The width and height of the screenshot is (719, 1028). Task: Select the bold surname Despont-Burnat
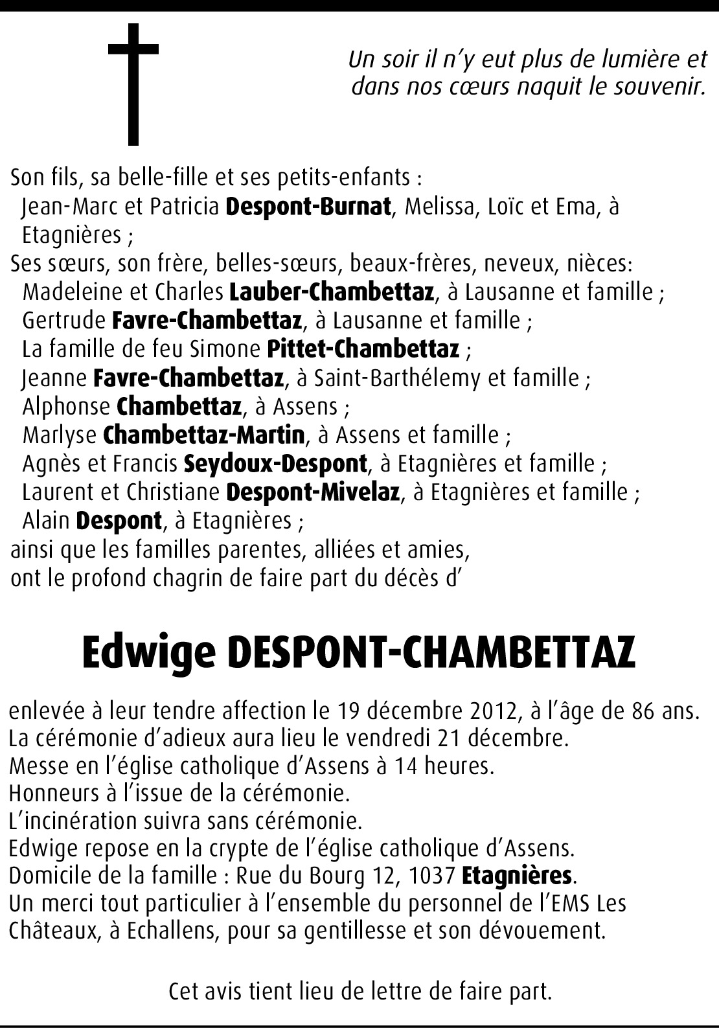[x=309, y=206]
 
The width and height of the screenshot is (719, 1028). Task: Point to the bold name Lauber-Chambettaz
[x=332, y=291]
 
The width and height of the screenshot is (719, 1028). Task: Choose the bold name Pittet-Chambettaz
[x=363, y=348]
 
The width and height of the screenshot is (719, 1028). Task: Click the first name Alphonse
[x=67, y=406]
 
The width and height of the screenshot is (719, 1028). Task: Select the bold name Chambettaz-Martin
[x=204, y=434]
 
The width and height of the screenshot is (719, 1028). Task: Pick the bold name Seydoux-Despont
[x=276, y=463]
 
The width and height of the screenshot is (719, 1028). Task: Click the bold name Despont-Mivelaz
[x=313, y=492]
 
